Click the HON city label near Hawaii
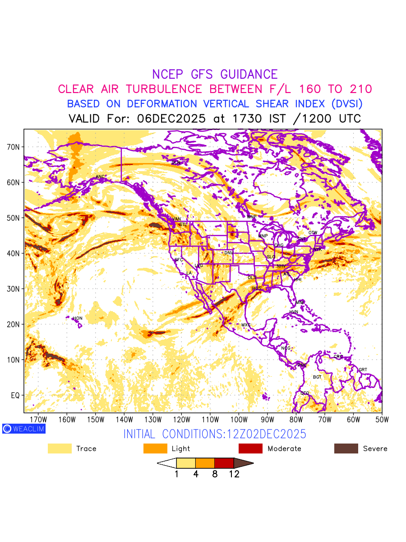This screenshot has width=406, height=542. [78, 318]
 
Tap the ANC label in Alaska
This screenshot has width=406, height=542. [100, 177]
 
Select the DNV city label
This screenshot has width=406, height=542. [229, 253]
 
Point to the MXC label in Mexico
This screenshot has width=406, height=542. [246, 325]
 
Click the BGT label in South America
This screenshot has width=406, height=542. [317, 377]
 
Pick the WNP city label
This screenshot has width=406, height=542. [251, 217]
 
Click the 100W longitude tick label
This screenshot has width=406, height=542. [239, 419]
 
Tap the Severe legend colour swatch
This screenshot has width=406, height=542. [346, 449]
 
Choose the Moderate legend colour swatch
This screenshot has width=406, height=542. [250, 449]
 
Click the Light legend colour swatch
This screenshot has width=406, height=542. [155, 449]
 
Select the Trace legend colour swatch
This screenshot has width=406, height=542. [60, 449]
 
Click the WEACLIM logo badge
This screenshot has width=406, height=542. [24, 429]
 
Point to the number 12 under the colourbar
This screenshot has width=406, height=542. [234, 474]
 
